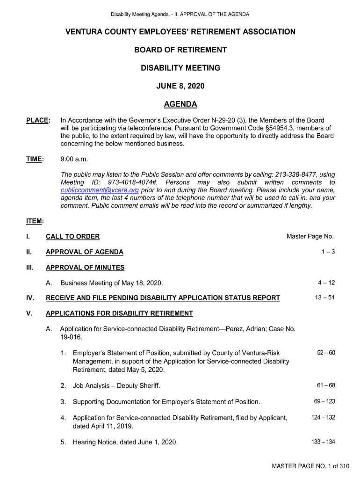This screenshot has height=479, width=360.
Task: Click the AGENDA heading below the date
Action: [x=180, y=104]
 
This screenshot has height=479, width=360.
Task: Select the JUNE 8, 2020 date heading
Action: [x=180, y=86]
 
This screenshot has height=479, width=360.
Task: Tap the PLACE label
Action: [x=37, y=121]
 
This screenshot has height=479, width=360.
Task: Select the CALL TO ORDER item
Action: [x=72, y=237]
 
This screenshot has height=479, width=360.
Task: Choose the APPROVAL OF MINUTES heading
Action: [x=85, y=268]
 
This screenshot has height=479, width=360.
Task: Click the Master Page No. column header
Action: [x=310, y=237]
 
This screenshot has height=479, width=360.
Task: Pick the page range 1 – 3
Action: [x=328, y=252]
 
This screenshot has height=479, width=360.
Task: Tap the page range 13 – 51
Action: [x=324, y=298]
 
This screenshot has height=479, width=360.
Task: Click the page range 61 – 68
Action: [x=326, y=385]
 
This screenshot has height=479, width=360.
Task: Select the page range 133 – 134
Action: [x=323, y=442]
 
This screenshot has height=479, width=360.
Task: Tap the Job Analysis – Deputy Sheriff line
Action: [x=116, y=386]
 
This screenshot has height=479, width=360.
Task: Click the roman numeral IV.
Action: [x=29, y=298]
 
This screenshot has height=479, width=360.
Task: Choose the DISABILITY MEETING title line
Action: [x=180, y=68]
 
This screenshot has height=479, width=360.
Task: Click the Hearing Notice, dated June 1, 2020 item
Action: [x=125, y=442]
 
